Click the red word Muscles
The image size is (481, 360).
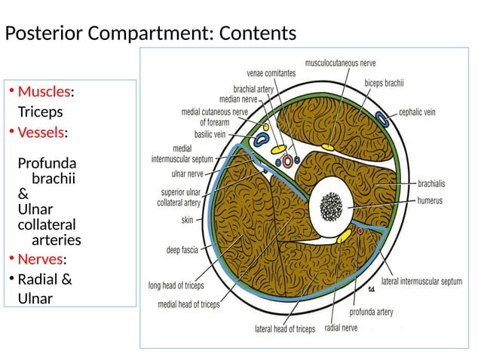click(x=44, y=92)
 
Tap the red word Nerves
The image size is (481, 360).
click(x=40, y=260)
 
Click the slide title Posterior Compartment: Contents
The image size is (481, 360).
click(x=151, y=34)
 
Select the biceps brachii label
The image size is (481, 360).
click(x=384, y=83)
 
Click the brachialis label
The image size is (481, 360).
click(x=434, y=182)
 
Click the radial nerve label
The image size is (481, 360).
click(x=341, y=328)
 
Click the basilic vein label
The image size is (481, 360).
click(x=210, y=135)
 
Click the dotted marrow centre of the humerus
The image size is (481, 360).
click(x=330, y=204)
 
